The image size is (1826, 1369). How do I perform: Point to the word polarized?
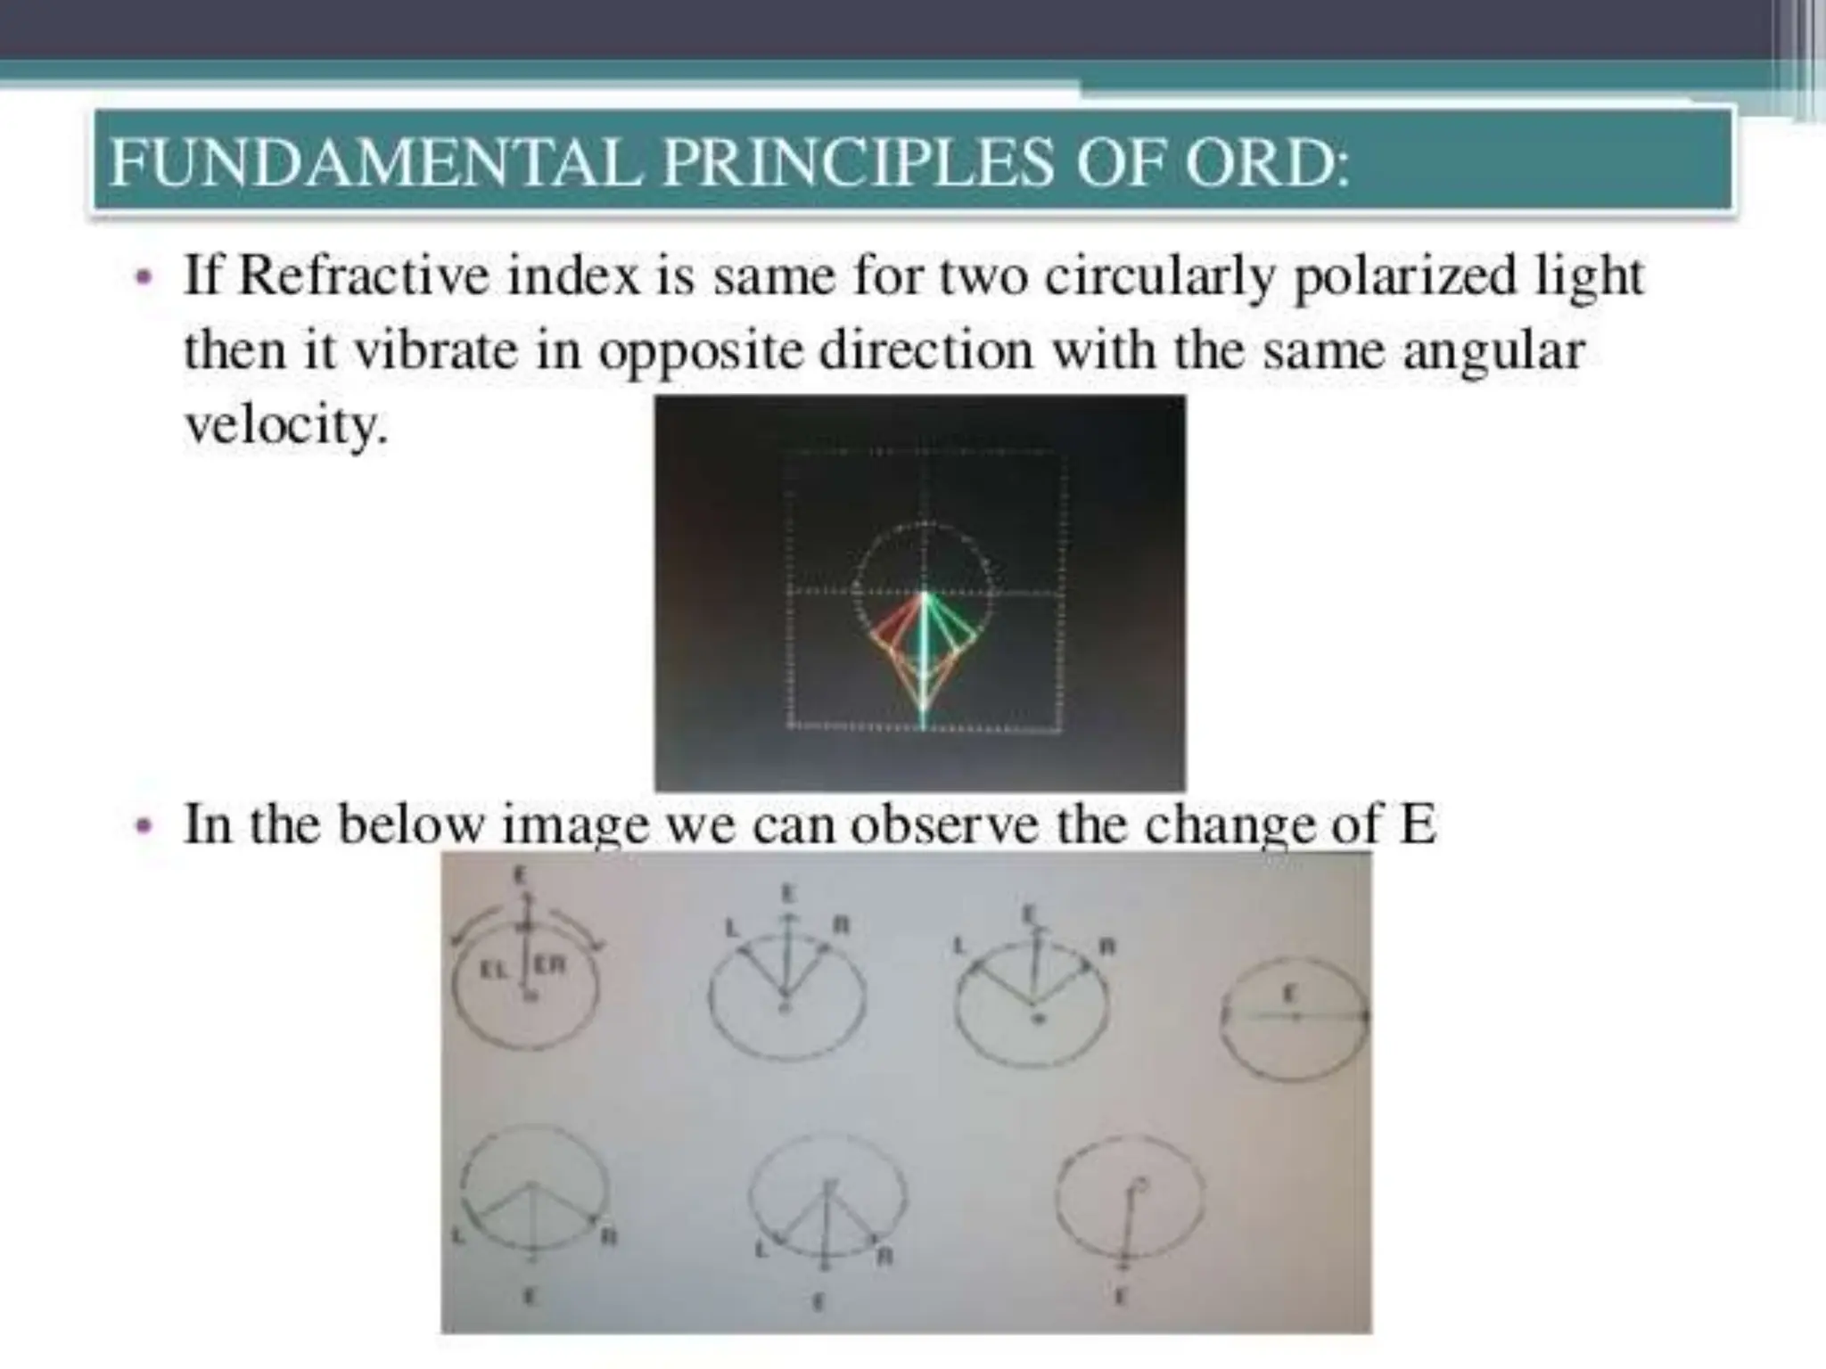point(1403,277)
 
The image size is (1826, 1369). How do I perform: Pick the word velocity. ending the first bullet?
point(286,427)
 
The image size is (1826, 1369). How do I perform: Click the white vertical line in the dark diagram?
point(924,660)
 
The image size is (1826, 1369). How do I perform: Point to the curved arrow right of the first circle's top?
point(584,927)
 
